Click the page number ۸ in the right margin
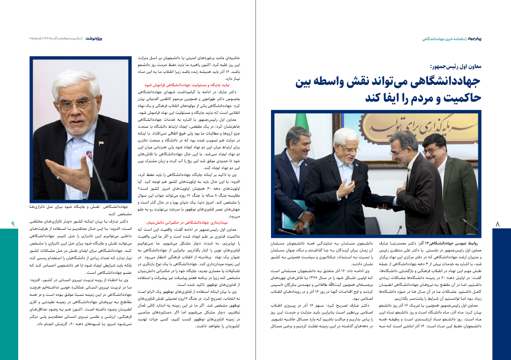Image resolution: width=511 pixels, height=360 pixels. click(x=499, y=224)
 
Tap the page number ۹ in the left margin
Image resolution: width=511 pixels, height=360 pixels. click(x=12, y=223)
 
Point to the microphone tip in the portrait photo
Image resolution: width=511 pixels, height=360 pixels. click(x=89, y=154)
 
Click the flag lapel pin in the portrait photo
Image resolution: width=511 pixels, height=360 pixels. click(x=101, y=143)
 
